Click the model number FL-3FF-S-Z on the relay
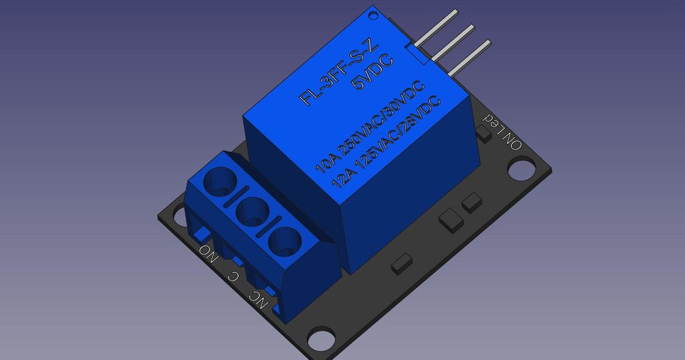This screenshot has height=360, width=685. coord(339,72)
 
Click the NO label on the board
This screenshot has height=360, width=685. coord(208,254)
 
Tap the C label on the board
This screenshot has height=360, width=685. coord(233,274)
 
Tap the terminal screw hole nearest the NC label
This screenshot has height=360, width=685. coord(285,240)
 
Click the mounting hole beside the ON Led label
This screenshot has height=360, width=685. coord(520,169)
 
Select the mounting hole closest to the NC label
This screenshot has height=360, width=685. coord(320,340)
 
